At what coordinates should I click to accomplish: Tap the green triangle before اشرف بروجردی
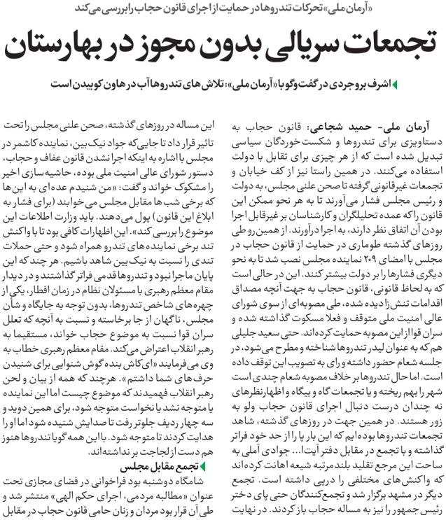[x=397, y=85]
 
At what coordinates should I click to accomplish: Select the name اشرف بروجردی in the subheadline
[x=363, y=85]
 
